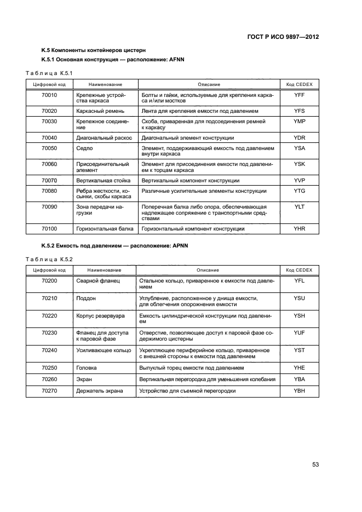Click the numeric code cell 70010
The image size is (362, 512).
coord(49,95)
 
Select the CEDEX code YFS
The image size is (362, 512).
coord(299,110)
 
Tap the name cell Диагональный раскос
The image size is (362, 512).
coord(104,137)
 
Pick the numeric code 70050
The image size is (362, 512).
coord(49,148)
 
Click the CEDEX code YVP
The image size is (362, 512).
coord(299,180)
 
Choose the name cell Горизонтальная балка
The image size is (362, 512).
coord(104,228)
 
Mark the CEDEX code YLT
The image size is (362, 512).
coord(299,206)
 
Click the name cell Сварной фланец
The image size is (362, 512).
coord(94,280)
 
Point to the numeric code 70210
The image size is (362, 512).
coord(49,298)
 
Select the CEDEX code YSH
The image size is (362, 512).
coord(299,316)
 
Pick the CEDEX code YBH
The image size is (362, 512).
coord(299,390)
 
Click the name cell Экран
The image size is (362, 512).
coord(84,379)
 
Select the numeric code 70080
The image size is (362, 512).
coord(49,191)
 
